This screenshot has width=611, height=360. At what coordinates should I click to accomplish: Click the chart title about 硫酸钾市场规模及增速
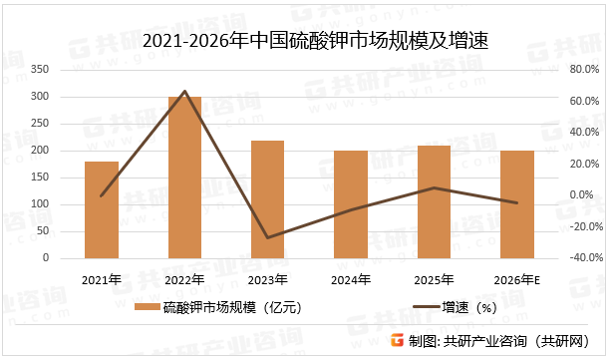307,41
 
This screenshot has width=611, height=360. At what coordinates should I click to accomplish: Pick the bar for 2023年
267,199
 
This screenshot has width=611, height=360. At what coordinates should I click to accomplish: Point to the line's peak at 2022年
184,91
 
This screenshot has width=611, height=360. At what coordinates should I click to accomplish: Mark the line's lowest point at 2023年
267,238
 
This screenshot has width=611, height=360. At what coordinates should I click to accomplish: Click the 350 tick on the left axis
69,70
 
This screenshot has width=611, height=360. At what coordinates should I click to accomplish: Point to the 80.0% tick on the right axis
582,70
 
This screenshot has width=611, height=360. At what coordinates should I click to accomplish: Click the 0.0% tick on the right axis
583,195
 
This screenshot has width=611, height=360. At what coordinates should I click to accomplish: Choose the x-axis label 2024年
350,280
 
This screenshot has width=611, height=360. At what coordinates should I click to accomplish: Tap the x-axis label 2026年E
516,280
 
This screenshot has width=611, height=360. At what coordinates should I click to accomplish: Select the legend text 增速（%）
468,308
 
